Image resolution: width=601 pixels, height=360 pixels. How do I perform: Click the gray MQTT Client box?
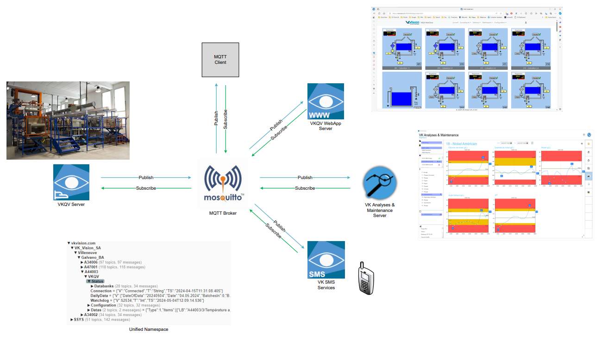coord(220,60)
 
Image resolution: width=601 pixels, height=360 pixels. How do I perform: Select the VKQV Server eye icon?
coord(71,182)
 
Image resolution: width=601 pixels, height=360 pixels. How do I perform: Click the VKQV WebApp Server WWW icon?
coord(326,101)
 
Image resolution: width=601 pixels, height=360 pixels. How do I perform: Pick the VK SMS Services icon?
coord(326,260)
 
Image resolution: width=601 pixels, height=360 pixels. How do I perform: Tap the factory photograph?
coord(68,120)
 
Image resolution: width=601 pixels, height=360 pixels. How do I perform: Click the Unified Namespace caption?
coord(149,329)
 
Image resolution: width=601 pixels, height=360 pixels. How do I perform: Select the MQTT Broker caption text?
coord(223,213)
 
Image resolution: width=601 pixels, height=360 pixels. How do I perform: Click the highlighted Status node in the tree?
coord(97,281)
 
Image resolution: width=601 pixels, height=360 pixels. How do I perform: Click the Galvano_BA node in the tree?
coord(92,257)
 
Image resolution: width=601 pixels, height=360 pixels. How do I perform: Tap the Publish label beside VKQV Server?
coord(146,178)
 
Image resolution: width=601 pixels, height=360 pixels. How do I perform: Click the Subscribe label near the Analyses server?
coord(305,188)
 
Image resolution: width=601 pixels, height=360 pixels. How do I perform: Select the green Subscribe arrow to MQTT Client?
coord(225,119)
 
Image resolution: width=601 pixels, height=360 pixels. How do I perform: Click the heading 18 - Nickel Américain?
coord(468,144)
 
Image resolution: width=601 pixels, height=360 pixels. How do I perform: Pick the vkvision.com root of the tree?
coord(83,243)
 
